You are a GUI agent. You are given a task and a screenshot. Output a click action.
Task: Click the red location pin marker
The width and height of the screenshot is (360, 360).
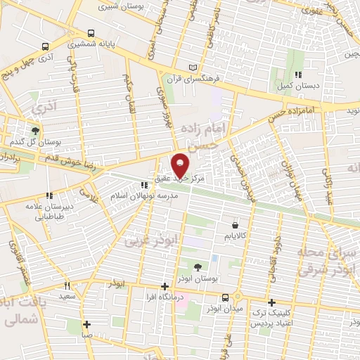coord(181,165)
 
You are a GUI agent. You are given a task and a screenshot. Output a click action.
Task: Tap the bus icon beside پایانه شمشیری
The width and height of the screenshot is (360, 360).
coord(91,33)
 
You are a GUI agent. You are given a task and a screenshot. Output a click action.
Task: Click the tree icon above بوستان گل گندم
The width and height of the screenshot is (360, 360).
coord(36,130)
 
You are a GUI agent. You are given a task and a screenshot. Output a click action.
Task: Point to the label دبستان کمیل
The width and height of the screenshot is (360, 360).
coord(299,85)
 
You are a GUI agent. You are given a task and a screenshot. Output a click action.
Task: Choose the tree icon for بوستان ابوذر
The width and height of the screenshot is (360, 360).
coord(197,266)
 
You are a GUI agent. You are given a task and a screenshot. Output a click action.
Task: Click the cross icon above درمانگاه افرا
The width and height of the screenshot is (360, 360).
coord(165,286)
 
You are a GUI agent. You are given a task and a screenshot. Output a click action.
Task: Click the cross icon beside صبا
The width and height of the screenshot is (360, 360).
coord(86,325)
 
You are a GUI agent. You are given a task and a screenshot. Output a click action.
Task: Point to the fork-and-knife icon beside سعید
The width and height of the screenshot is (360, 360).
coord(67,285)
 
